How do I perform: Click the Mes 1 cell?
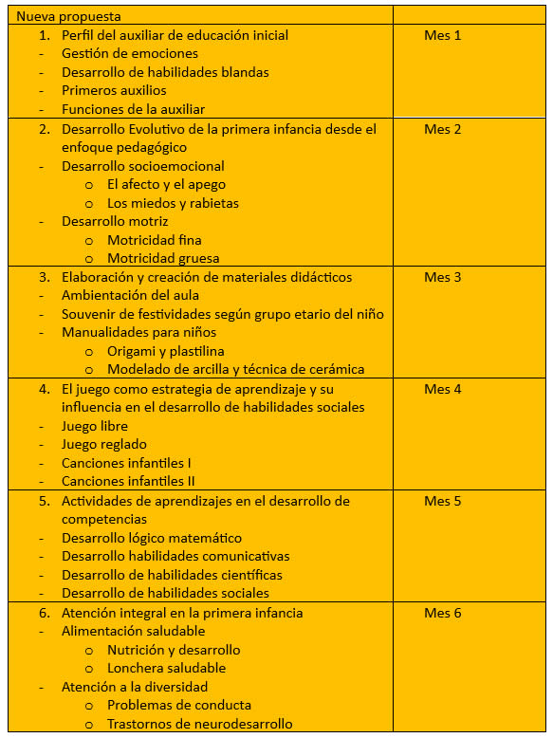click(442, 35)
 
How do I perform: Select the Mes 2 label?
click(442, 129)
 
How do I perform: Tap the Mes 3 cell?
click(442, 277)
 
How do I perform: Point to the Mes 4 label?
click(442, 389)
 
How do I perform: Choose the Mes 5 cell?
click(442, 501)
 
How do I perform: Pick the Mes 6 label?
click(442, 613)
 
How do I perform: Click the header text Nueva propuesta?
click(68, 16)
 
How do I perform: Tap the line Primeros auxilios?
click(114, 91)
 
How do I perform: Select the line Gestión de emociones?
click(130, 54)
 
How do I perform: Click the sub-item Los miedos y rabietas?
click(173, 203)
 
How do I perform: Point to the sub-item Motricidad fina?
click(154, 240)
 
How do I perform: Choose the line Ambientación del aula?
click(129, 296)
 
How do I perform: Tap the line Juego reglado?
click(104, 445)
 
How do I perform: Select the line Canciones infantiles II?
click(129, 482)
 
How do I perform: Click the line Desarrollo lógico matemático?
click(152, 538)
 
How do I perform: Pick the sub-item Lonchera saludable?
click(166, 668)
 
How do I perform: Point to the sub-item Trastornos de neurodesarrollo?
click(199, 724)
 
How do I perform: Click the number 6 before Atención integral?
click(44, 613)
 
